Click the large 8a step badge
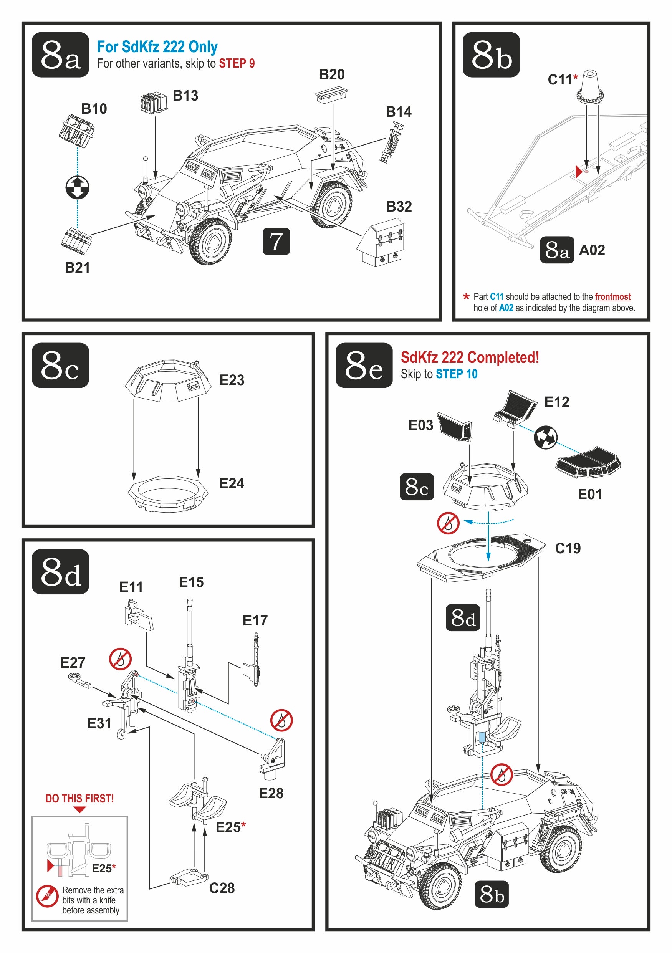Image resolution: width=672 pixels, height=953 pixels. [x=60, y=55]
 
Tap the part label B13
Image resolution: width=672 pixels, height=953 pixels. [x=185, y=96]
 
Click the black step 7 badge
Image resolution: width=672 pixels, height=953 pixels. [x=276, y=241]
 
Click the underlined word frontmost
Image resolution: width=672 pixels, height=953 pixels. [x=612, y=296]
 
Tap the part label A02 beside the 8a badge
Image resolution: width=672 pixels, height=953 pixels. [x=592, y=250]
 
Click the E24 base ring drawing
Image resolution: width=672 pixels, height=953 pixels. [x=168, y=493]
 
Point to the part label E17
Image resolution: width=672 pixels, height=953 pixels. [x=255, y=620]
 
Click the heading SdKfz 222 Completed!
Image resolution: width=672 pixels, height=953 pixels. [x=470, y=357]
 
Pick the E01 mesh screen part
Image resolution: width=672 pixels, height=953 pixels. [x=588, y=462]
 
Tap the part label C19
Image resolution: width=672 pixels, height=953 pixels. [x=568, y=548]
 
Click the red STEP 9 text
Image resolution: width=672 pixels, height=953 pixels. [x=237, y=63]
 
